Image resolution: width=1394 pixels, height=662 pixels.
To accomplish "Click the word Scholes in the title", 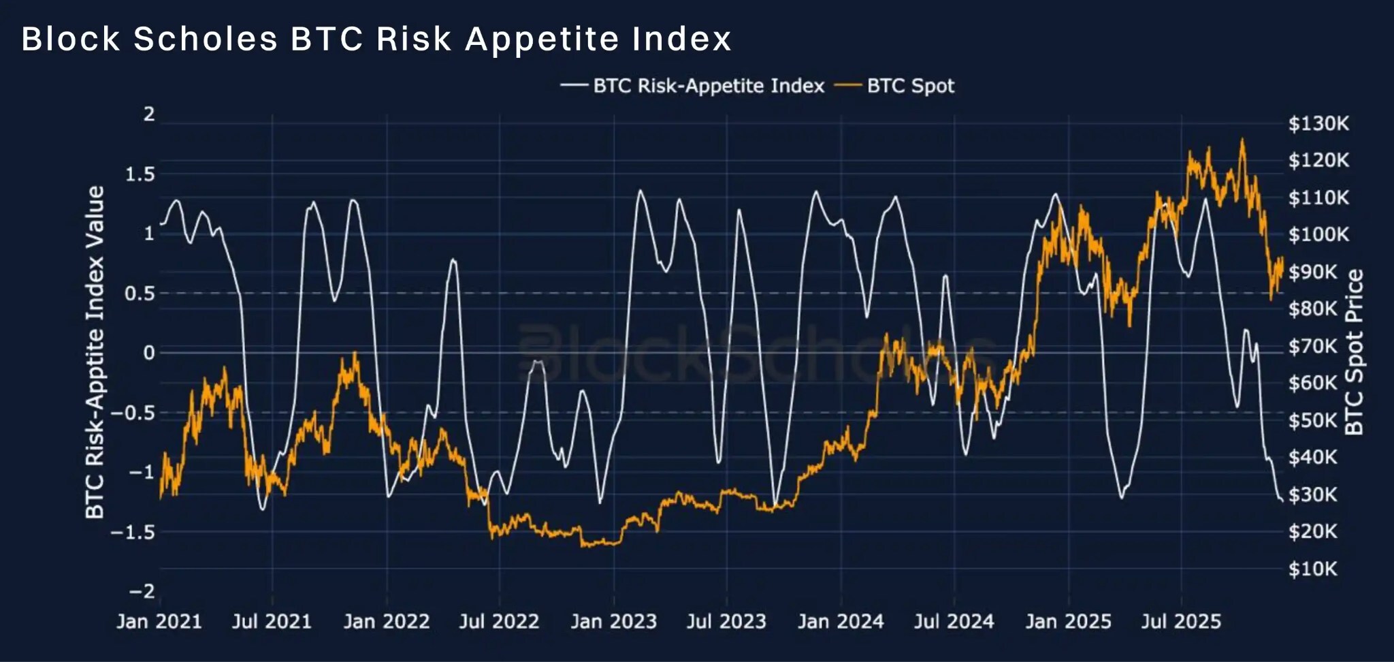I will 206,39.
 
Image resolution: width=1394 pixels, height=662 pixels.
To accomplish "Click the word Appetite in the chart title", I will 542,39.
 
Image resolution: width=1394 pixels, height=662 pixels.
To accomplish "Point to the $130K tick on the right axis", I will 1318,123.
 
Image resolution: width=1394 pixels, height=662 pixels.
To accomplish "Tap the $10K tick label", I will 1312,569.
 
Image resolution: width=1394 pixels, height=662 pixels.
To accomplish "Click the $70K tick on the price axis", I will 1312,346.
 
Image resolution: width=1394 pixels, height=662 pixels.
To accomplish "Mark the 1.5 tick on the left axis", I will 140,174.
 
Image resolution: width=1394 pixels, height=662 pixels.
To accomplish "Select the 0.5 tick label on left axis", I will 140,294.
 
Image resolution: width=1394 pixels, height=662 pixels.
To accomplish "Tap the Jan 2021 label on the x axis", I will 159,621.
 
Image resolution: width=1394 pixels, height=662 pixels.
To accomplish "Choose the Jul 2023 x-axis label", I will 726,621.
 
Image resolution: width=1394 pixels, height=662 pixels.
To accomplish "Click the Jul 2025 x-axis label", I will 1181,621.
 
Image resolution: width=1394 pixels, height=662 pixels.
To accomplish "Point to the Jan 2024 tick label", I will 841,621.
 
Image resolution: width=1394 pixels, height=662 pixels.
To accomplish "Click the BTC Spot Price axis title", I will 1355,352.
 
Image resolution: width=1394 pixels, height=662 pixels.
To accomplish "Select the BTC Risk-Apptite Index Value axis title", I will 95,352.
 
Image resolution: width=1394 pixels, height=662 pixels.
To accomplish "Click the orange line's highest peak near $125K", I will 1242,140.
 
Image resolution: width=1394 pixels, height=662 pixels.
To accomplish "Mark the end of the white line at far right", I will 1282,501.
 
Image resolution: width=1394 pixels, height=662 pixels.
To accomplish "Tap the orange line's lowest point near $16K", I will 583,546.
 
